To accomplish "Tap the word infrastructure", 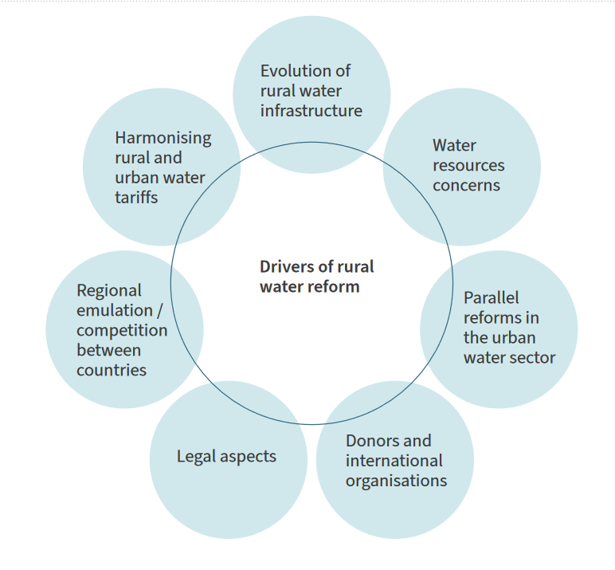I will (311, 111).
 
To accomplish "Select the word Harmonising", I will (163, 138).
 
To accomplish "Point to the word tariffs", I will (136, 198).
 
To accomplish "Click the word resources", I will (468, 166).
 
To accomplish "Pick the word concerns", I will (466, 186).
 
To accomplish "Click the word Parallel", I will (491, 298).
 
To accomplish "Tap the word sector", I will (531, 358).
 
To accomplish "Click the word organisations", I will (396, 481).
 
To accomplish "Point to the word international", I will (394, 461).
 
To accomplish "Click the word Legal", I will (196, 457).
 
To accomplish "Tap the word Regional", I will (109, 291).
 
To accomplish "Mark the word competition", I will (122, 330).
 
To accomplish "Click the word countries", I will (112, 370).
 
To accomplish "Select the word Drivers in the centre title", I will (284, 267).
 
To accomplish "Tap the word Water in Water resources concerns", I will (454, 146).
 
